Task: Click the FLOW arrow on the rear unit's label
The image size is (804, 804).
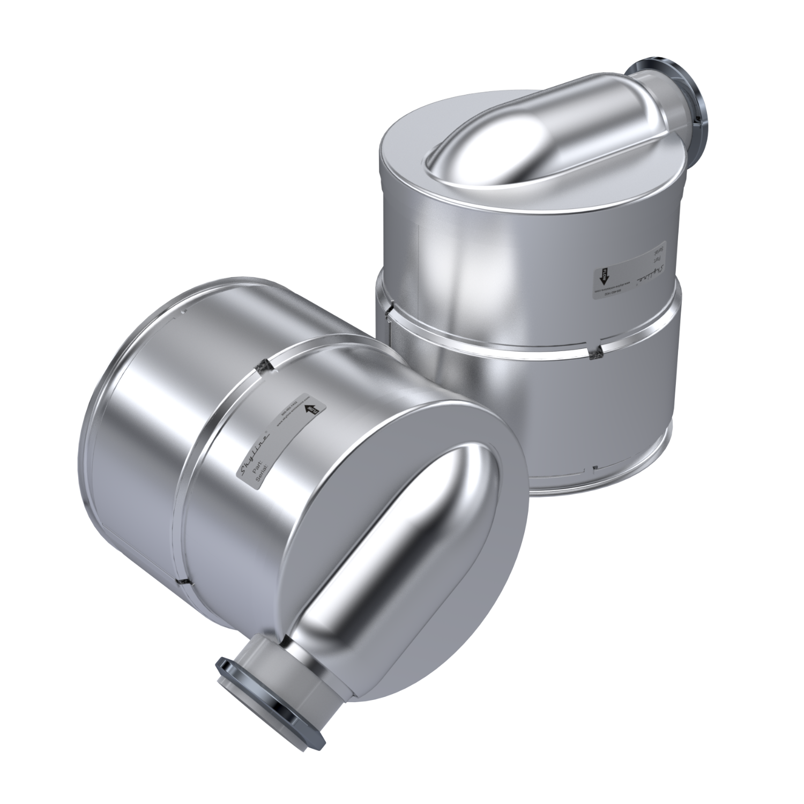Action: (x=602, y=277)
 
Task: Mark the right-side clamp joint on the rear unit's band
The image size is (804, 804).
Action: (x=594, y=352)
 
